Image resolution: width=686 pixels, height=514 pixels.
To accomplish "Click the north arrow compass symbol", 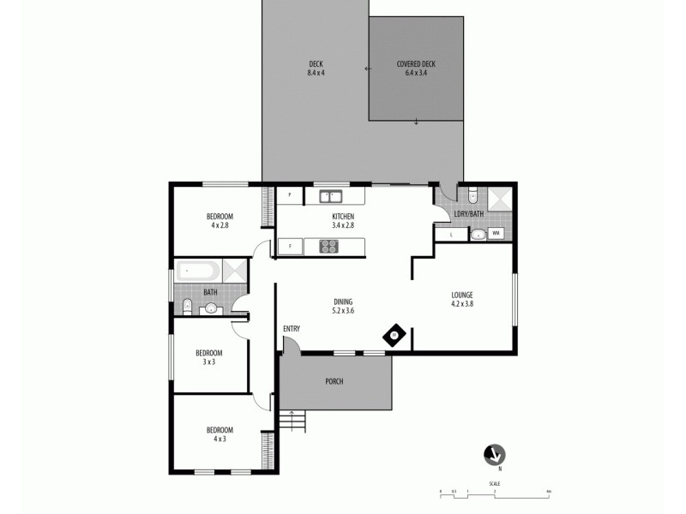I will coord(494,455).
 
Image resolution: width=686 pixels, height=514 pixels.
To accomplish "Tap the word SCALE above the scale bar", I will coord(495,483).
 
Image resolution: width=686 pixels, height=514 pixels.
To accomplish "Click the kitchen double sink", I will coord(332,197).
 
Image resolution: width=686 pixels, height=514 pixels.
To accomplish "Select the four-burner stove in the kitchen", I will coord(329,247).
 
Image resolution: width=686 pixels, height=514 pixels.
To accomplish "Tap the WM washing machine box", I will coord(496,233).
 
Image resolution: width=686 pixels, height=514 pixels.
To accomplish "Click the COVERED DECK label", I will coord(416,69).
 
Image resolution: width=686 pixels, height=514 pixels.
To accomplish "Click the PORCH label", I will coord(334,381).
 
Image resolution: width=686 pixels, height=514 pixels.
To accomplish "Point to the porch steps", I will coord(292,421).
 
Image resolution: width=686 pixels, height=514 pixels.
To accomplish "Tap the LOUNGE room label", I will coord(462,299).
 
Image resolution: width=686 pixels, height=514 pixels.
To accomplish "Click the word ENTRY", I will coord(292,329).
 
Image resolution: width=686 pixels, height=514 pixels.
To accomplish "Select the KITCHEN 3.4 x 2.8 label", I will coord(343,221).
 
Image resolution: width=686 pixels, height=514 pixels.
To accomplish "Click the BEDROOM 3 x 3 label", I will coord(208,356).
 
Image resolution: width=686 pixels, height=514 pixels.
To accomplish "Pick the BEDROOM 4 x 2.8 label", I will coord(220,220).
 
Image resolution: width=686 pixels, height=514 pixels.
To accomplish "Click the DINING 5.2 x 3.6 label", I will coord(343,306).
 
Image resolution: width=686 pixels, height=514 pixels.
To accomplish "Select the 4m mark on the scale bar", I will coord(548,492).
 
